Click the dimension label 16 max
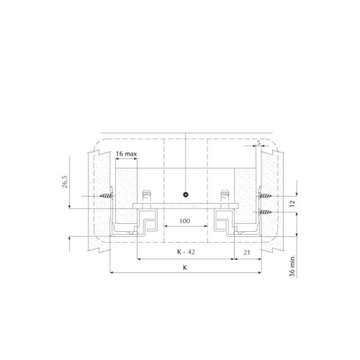pyautogui.click(x=126, y=153)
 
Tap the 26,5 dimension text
pyautogui.click(x=65, y=181)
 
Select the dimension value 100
pyautogui.click(x=184, y=221)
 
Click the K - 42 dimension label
pyautogui.click(x=186, y=252)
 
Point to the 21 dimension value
pyautogui.click(x=247, y=253)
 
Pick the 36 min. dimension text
pyautogui.click(x=292, y=266)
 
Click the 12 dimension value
pyautogui.click(x=292, y=204)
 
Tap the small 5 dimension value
pyautogui.click(x=258, y=143)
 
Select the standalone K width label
pyautogui.click(x=185, y=268)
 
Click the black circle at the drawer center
pyautogui.click(x=185, y=194)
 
